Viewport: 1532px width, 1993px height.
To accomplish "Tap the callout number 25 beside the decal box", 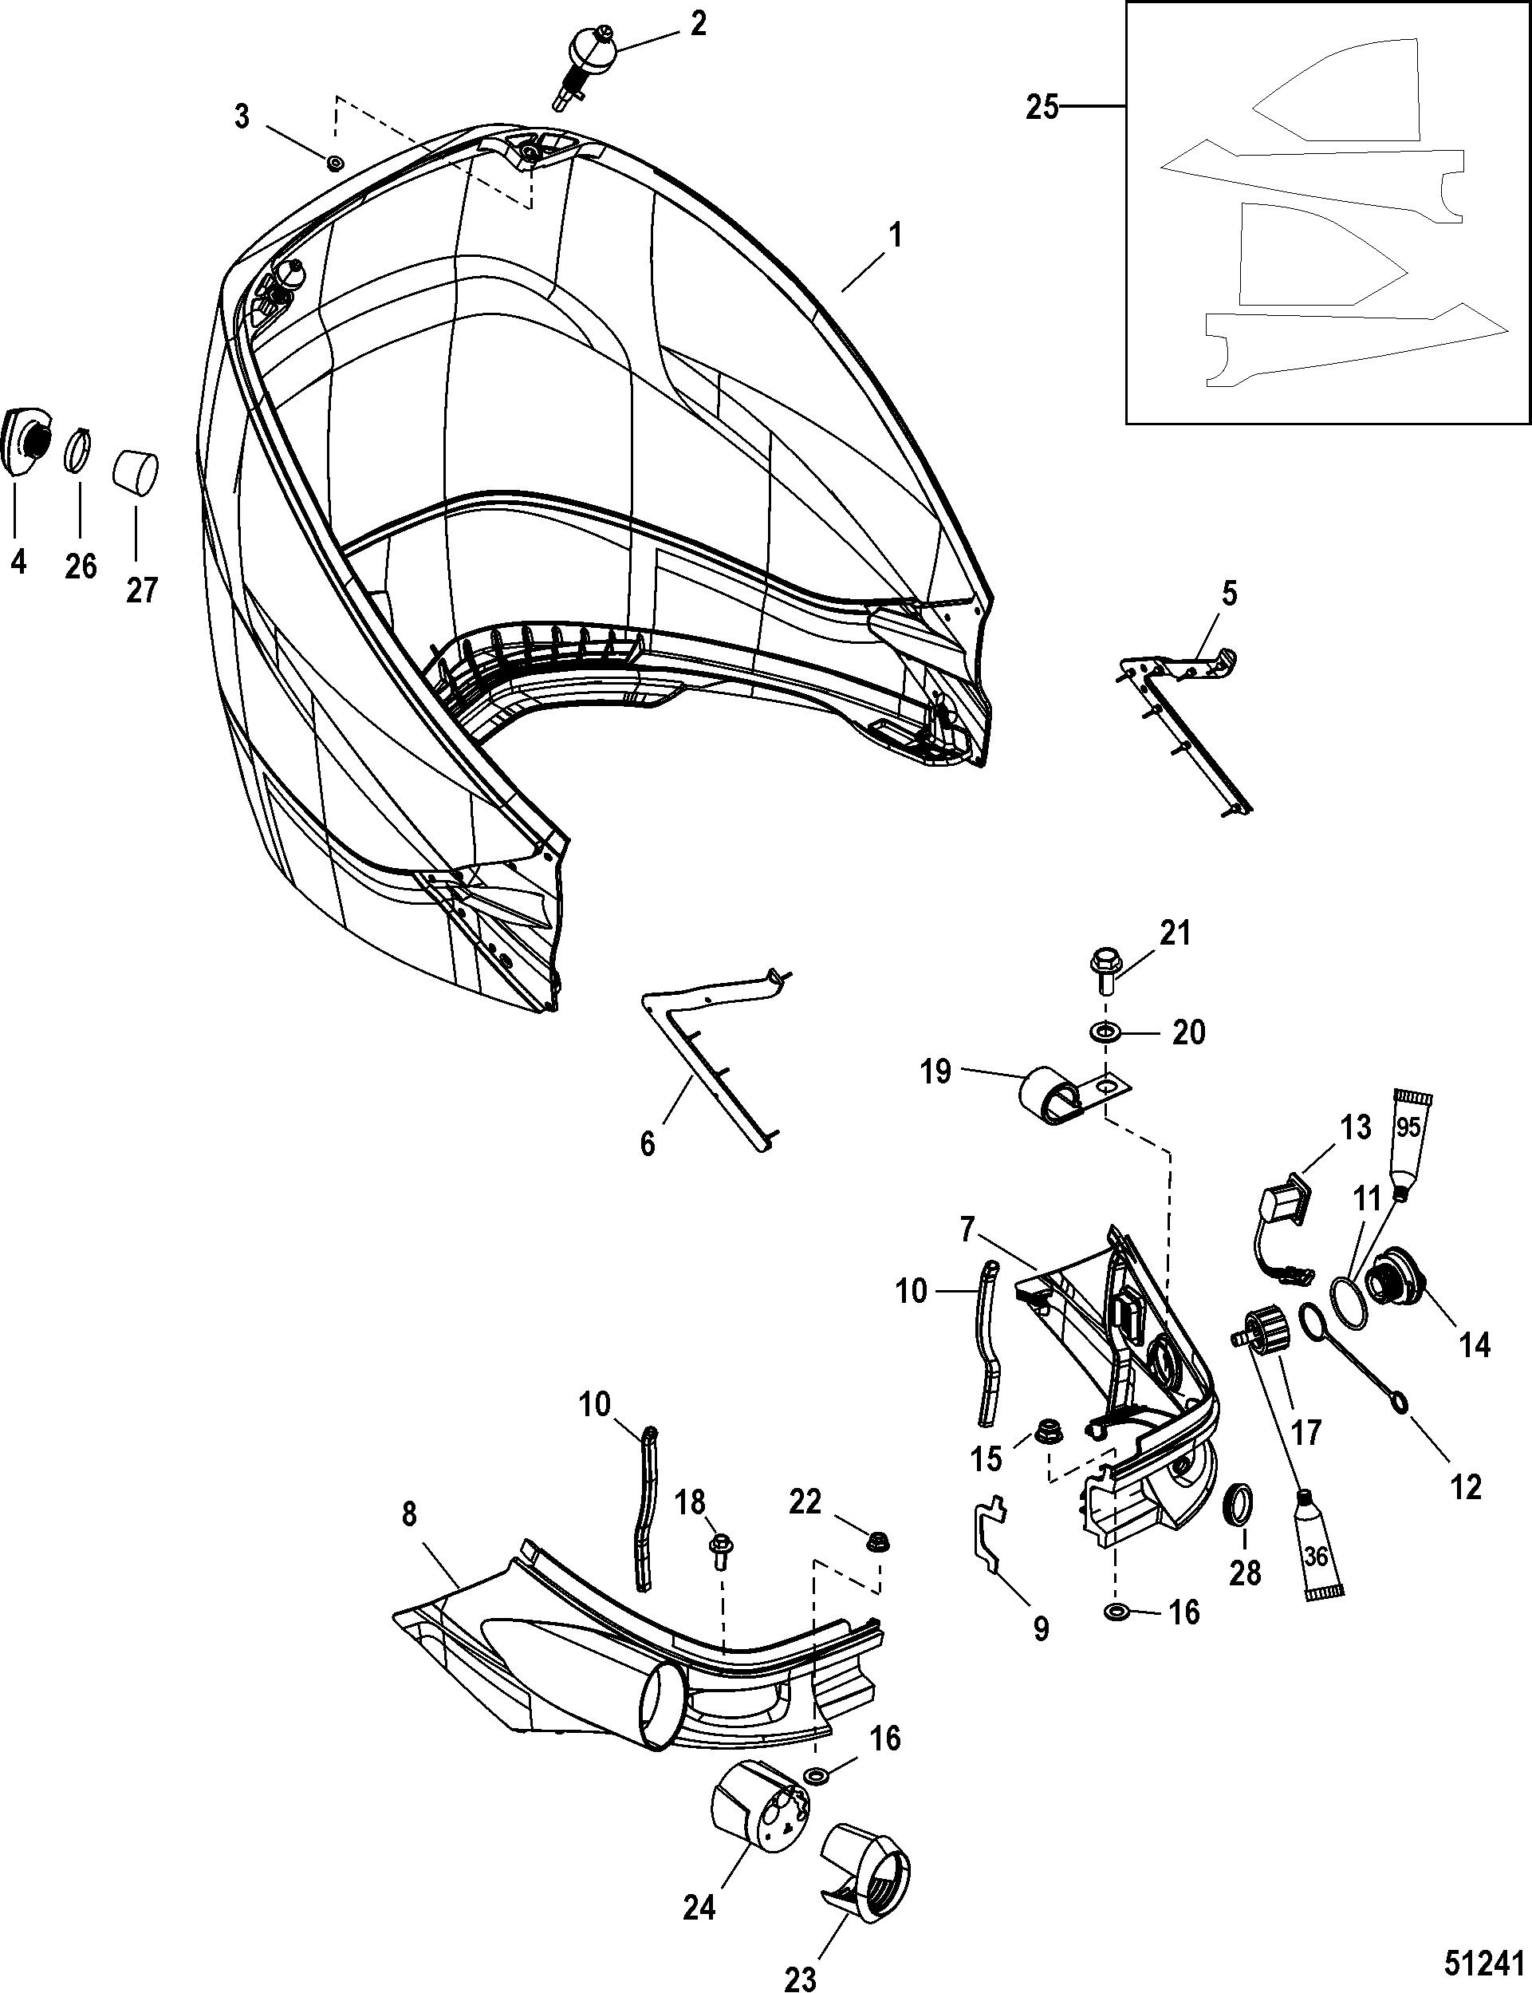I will point(1042,108).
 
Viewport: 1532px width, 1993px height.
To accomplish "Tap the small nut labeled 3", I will point(335,162).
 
